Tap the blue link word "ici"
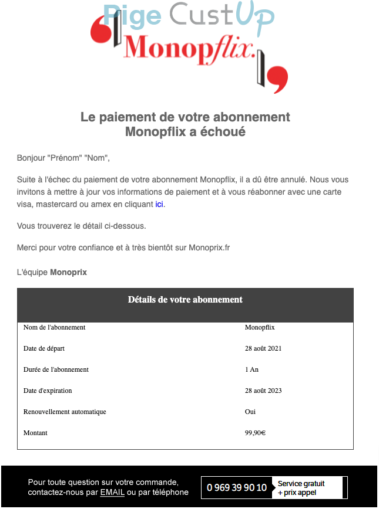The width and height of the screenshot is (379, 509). click(x=159, y=205)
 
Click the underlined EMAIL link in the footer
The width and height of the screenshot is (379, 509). click(x=112, y=492)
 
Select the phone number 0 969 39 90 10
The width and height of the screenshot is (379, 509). click(x=237, y=487)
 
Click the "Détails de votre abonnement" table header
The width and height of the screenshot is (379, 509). click(x=185, y=300)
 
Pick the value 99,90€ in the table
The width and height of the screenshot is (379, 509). click(x=255, y=433)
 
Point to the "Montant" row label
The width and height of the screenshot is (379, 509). click(x=35, y=433)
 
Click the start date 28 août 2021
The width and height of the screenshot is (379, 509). click(x=263, y=348)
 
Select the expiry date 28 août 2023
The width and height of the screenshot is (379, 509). click(x=263, y=391)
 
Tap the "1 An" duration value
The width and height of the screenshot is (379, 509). click(x=251, y=369)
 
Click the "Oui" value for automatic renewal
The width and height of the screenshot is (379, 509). click(x=250, y=412)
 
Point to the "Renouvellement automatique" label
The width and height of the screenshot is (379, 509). click(x=65, y=412)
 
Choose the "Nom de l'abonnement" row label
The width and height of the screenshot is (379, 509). click(x=54, y=327)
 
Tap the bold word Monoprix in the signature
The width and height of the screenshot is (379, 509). click(x=68, y=273)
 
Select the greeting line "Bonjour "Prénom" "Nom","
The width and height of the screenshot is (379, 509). click(x=63, y=158)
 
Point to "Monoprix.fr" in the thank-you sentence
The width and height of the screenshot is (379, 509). click(x=209, y=247)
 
